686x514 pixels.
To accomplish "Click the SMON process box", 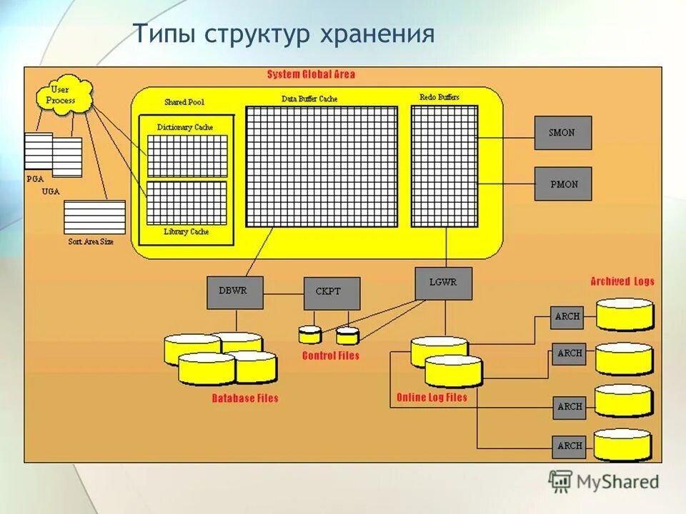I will (x=563, y=133).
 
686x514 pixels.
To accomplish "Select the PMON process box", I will (x=563, y=184).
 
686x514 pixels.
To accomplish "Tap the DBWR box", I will (x=235, y=292).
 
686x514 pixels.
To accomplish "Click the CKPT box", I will (x=332, y=293).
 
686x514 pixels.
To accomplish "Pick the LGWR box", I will (x=444, y=283).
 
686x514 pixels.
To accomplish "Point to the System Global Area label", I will (x=311, y=74).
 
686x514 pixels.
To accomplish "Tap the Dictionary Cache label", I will (x=185, y=127).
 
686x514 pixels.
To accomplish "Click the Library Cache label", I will (x=186, y=232).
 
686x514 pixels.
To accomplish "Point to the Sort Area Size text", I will (x=91, y=242).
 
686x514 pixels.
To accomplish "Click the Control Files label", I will (x=330, y=356).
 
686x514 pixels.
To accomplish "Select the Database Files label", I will (x=245, y=398).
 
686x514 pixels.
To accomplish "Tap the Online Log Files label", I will (x=432, y=398).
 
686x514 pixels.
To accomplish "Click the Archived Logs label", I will (x=622, y=281).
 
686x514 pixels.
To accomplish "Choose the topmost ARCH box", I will (x=567, y=317).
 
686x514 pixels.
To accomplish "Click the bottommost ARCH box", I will (x=570, y=446).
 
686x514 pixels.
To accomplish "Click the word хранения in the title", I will (x=385, y=34).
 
